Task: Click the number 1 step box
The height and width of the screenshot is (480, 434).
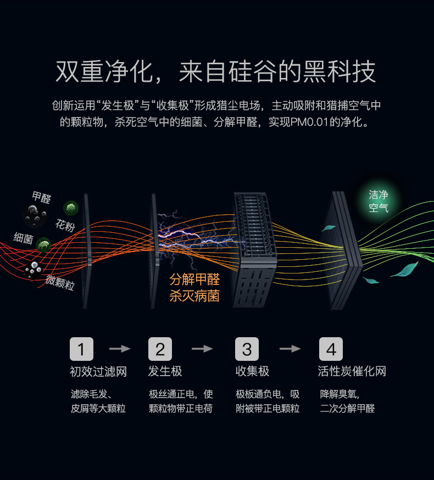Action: [x=81, y=349]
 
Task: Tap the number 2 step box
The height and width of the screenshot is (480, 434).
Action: [x=160, y=349]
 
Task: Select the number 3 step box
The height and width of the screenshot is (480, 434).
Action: [x=247, y=349]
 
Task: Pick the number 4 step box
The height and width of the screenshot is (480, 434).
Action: [x=331, y=349]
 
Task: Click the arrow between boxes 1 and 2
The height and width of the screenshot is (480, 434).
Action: [x=120, y=349]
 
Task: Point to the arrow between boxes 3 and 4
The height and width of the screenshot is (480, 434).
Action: [x=290, y=349]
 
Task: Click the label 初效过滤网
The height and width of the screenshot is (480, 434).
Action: [x=98, y=371]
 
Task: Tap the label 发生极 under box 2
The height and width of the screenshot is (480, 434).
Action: [x=165, y=371]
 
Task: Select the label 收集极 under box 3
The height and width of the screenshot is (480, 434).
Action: [x=252, y=371]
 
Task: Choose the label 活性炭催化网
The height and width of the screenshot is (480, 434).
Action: [x=352, y=371]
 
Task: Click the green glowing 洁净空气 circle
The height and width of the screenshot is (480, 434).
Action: [x=379, y=202]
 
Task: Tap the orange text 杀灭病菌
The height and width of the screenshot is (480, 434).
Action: [x=194, y=296]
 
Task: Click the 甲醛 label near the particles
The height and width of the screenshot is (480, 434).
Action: [x=41, y=197]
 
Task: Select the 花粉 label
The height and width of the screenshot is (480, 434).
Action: [x=65, y=225]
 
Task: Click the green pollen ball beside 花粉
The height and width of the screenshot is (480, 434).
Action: [x=70, y=208]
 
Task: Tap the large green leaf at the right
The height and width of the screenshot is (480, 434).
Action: [x=404, y=269]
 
